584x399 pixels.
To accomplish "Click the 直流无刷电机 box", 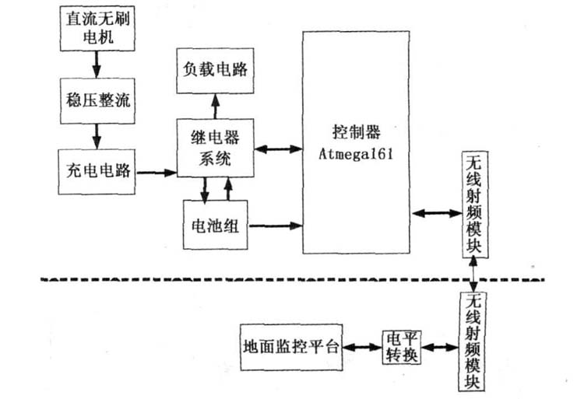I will (96, 26).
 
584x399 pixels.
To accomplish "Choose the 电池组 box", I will (213, 226).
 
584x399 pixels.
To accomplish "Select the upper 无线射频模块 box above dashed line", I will (474, 205).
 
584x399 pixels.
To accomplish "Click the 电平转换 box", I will (402, 347).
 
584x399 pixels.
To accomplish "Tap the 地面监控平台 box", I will (292, 347).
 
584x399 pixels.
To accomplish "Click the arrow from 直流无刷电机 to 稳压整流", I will (95, 63).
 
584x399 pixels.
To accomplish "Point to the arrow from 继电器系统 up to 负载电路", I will (213, 105).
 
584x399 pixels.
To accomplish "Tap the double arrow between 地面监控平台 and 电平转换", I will (363, 348).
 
